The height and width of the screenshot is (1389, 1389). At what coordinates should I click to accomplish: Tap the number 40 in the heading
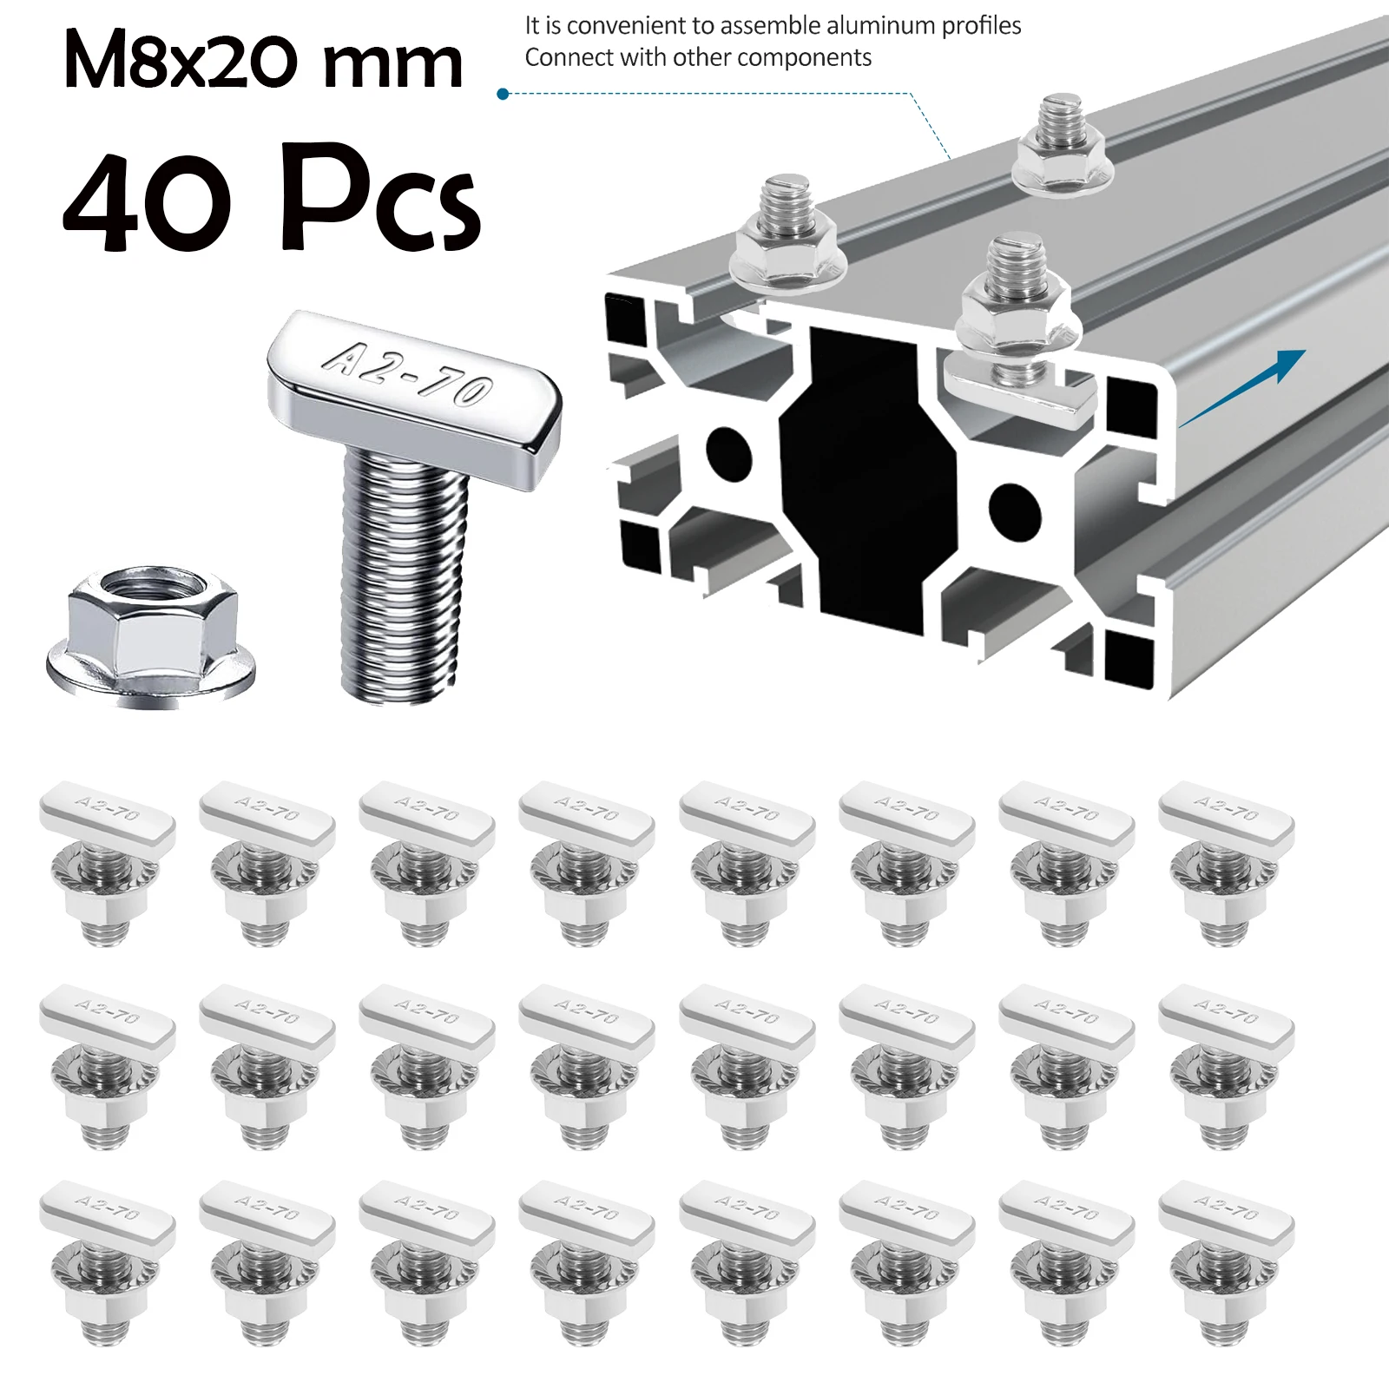pos(148,201)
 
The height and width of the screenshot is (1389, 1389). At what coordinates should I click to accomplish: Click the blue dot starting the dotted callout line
pos(502,94)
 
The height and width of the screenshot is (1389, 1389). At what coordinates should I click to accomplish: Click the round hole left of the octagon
pos(727,451)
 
